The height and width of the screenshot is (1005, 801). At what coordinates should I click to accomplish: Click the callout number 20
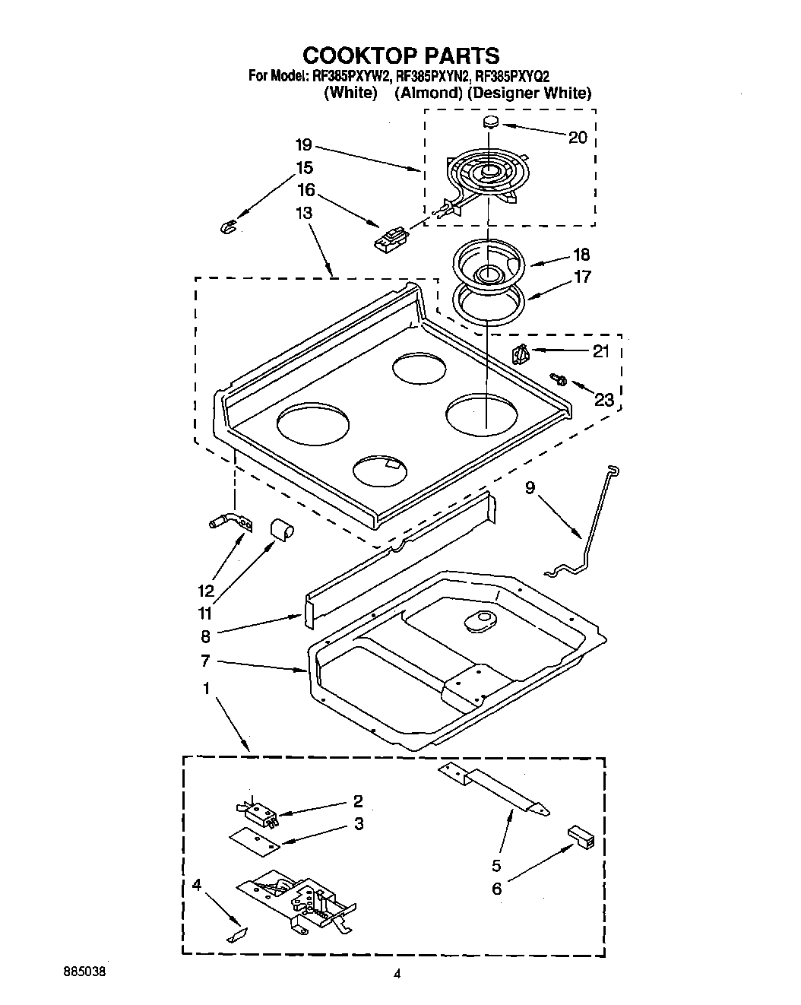[578, 137]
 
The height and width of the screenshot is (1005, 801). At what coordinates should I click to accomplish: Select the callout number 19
[304, 144]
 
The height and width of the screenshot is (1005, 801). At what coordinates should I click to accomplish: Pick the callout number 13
[304, 213]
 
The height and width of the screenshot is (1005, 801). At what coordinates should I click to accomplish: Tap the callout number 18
[581, 255]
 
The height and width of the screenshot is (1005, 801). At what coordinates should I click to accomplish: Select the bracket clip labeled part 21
[520, 353]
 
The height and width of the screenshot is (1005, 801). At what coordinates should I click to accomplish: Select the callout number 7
[205, 661]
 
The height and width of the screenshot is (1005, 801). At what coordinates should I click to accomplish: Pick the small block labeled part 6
[581, 837]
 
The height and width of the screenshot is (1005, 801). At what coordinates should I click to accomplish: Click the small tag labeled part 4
[236, 934]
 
